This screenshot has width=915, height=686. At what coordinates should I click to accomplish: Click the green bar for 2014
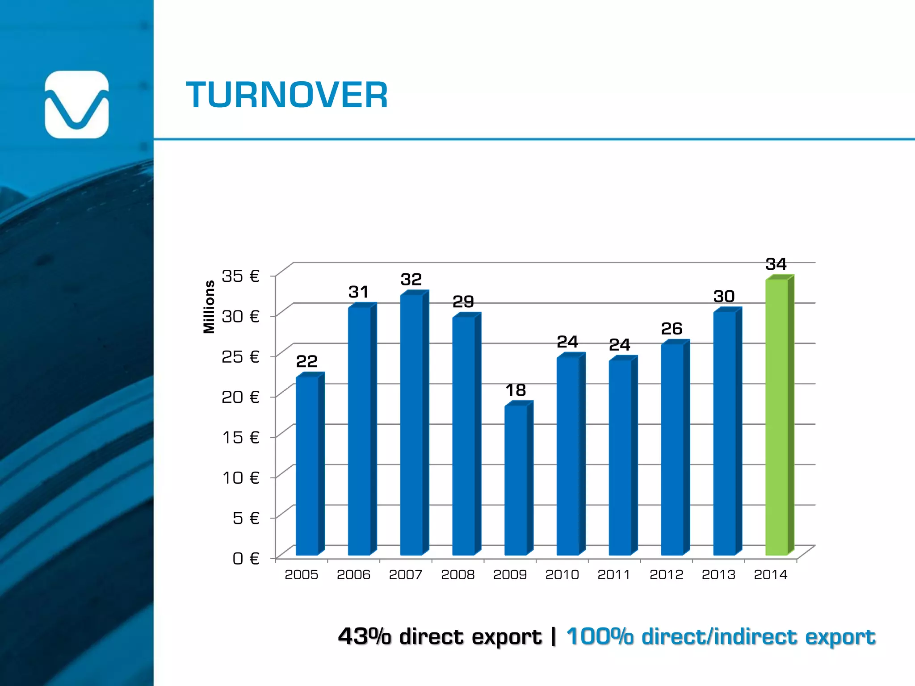click(776, 418)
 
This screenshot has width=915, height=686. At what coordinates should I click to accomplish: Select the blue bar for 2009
click(516, 480)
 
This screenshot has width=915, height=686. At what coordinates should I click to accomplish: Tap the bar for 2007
click(411, 424)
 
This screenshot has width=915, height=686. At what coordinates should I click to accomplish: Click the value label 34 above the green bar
click(776, 264)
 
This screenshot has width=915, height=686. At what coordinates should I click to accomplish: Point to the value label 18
click(516, 390)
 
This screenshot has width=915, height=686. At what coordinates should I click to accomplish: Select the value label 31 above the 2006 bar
click(358, 292)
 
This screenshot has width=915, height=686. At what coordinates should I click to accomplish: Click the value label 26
click(672, 329)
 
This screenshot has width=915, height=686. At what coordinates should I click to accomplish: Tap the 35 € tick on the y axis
click(240, 276)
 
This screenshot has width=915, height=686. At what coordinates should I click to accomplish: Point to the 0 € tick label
click(246, 558)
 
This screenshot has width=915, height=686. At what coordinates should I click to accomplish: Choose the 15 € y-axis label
click(240, 437)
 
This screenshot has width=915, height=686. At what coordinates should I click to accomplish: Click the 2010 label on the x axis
click(562, 574)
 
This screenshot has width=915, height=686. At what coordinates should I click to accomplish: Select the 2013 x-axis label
click(718, 574)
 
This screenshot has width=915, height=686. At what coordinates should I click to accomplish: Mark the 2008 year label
click(457, 574)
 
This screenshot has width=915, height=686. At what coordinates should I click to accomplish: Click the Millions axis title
click(209, 307)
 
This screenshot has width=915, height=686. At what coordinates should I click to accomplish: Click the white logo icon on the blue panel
click(77, 105)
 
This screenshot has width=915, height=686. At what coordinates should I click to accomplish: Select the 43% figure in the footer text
click(364, 636)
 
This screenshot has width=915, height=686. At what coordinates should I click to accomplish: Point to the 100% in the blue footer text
click(600, 636)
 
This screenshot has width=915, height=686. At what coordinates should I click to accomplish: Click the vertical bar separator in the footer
click(554, 636)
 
